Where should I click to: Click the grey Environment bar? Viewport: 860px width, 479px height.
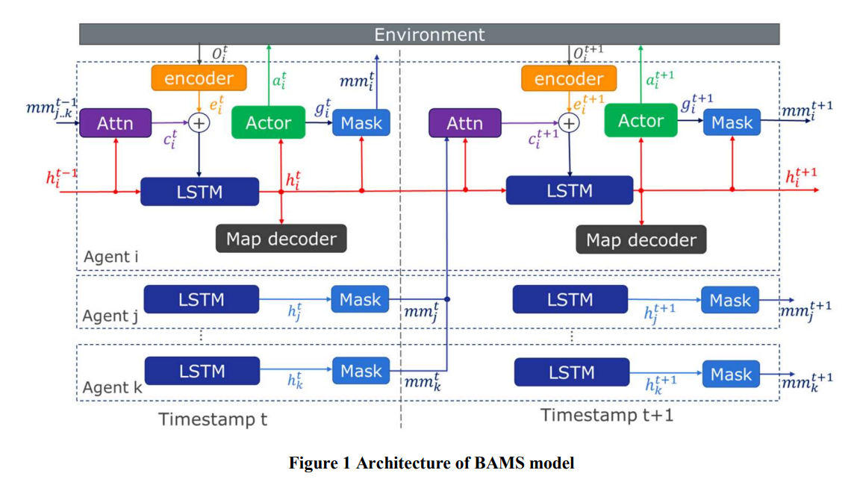[429, 34]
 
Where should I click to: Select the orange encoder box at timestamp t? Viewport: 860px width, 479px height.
[199, 78]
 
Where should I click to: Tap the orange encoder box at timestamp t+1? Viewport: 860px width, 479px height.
[569, 78]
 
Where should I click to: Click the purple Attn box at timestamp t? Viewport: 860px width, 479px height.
[115, 123]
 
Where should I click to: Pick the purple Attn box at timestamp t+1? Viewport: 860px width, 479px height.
[464, 123]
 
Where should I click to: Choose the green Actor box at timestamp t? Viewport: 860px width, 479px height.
[268, 122]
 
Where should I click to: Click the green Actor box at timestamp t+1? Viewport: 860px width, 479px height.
[641, 120]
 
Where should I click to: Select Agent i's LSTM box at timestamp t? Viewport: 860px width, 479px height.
[199, 192]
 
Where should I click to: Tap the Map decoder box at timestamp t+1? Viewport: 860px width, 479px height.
[641, 239]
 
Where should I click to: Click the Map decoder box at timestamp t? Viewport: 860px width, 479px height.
[281, 239]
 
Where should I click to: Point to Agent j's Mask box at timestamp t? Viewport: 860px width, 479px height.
[360, 299]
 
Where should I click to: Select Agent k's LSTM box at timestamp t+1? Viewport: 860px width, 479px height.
[572, 372]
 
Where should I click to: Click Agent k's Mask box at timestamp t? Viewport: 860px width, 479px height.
[361, 371]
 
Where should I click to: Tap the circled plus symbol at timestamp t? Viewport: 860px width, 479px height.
[199, 123]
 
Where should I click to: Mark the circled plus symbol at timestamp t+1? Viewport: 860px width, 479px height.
[569, 123]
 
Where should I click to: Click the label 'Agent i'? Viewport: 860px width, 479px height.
[110, 257]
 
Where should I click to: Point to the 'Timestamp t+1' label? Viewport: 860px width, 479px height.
[607, 415]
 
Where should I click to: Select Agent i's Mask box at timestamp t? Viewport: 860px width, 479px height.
[361, 123]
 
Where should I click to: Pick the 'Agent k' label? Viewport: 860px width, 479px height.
[113, 387]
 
